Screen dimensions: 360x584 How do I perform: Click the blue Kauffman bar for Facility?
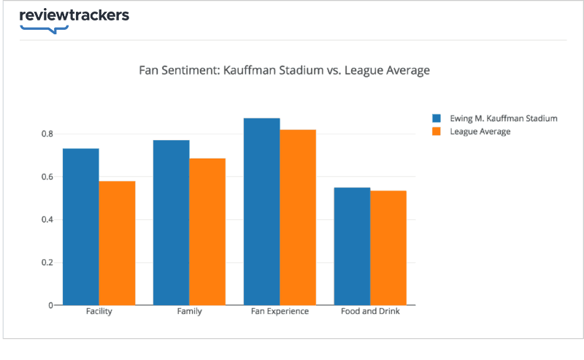tap(81, 226)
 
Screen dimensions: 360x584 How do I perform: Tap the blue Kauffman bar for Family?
tap(172, 222)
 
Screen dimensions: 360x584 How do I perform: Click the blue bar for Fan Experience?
tap(261, 211)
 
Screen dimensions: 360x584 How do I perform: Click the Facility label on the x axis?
tap(99, 312)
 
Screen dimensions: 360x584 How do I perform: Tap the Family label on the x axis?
tap(189, 312)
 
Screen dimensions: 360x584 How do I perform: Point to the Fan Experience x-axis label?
tap(280, 312)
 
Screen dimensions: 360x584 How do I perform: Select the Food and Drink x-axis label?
tap(370, 312)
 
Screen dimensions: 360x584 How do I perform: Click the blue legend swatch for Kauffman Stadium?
tap(437, 118)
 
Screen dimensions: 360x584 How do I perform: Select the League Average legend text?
tap(480, 132)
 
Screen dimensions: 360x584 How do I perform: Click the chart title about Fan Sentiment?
tap(284, 71)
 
